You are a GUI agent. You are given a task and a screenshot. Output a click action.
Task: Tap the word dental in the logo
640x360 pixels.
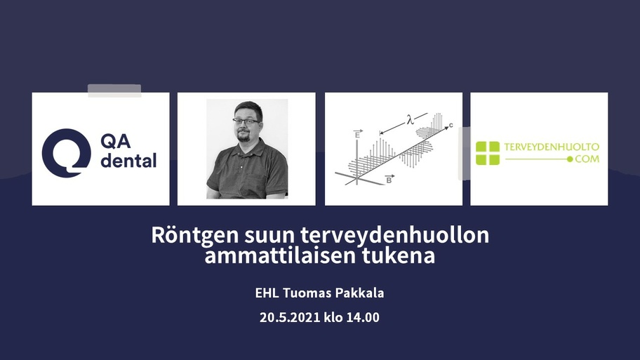pyautogui.click(x=128, y=161)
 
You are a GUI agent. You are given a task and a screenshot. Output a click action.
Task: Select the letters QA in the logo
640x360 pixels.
pyautogui.click(x=116, y=141)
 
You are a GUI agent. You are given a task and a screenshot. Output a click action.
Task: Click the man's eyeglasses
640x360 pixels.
pyautogui.click(x=246, y=121)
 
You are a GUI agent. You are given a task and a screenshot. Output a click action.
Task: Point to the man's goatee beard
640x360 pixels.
pyautogui.click(x=244, y=137)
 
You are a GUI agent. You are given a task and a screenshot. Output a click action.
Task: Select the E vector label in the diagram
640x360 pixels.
pyautogui.click(x=358, y=134)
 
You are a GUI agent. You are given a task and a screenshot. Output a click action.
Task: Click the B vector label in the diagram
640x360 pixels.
pyautogui.click(x=389, y=179)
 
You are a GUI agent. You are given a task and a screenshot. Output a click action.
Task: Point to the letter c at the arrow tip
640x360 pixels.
pyautogui.click(x=451, y=126)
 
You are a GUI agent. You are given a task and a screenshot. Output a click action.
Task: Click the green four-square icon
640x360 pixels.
pyautogui.click(x=488, y=153)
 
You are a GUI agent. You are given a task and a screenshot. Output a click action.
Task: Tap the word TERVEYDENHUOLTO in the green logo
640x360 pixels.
pyautogui.click(x=552, y=147)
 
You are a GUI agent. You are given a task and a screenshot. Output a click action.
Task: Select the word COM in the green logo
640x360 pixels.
pyautogui.click(x=587, y=159)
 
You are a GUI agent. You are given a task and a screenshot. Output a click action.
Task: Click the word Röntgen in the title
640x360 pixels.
pyautogui.click(x=194, y=236)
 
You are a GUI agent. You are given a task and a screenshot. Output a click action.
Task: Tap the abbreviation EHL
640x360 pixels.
pyautogui.click(x=267, y=293)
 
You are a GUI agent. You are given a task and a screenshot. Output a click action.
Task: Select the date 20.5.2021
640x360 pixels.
pyautogui.click(x=290, y=317)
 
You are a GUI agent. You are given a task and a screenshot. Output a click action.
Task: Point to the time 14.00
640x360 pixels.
pyautogui.click(x=363, y=317)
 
